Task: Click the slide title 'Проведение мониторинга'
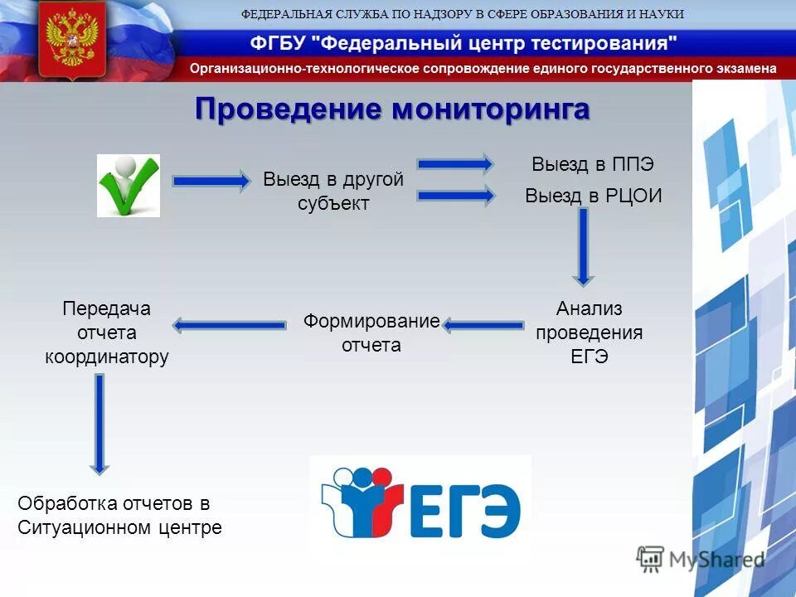click(392, 109)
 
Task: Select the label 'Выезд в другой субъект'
click(333, 192)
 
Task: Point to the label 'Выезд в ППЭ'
click(587, 164)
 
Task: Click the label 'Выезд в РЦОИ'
click(594, 197)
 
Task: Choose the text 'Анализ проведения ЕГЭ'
click(589, 332)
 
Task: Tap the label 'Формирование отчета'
click(371, 332)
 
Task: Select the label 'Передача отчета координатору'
click(106, 332)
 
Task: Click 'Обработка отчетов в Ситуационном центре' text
click(120, 515)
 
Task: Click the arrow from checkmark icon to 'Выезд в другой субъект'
click(211, 181)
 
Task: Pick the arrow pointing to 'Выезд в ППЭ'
click(455, 163)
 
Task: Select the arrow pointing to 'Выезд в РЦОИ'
click(455, 196)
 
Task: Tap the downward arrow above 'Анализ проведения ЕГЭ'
click(584, 246)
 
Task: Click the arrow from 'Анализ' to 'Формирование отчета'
click(483, 325)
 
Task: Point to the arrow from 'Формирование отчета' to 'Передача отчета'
click(230, 325)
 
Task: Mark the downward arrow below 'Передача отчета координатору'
click(99, 424)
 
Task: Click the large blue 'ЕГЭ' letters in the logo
click(465, 507)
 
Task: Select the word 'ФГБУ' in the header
click(274, 43)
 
